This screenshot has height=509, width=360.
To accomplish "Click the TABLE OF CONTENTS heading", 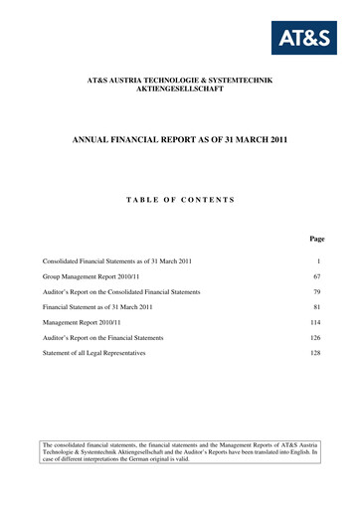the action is click(x=179, y=200).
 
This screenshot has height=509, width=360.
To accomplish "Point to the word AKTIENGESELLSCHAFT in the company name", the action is click(x=180, y=88).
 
